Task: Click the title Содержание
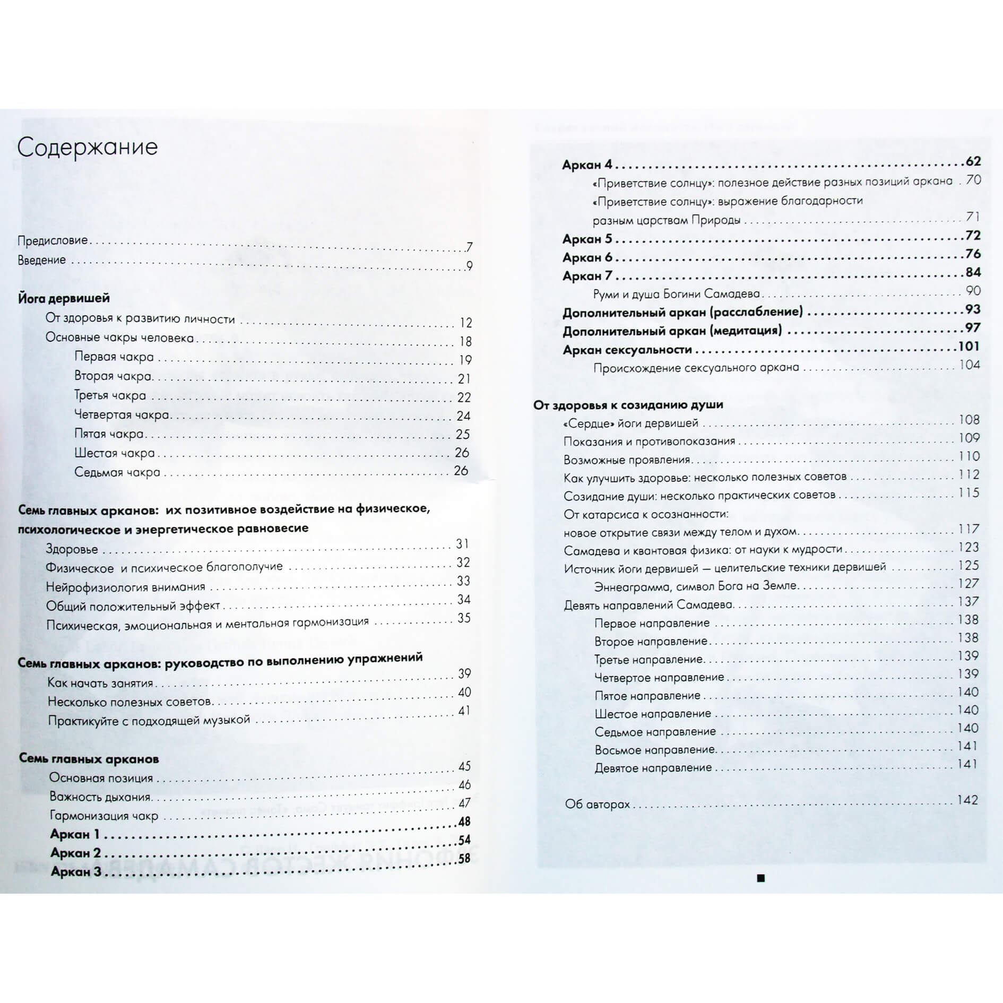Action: coord(88,147)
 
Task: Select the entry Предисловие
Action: coord(53,240)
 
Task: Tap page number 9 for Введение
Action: coord(469,266)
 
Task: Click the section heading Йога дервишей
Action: coord(64,298)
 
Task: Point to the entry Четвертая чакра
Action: coord(122,414)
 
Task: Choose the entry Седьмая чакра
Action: coord(117,472)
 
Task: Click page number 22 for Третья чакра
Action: coord(464,397)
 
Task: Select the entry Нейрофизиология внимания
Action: coord(125,587)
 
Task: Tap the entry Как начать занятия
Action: coord(100,683)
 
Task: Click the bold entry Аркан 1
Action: coord(75,834)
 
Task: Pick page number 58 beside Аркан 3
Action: coord(464,859)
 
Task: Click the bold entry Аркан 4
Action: coord(587,165)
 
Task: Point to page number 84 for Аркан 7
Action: coord(973,272)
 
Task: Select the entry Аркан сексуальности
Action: coord(627,350)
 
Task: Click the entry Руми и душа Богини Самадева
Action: coord(676,293)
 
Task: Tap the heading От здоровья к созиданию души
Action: coord(628,404)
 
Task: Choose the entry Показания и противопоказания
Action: coord(649,441)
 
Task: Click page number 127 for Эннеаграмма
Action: coord(968,583)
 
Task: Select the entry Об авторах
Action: coord(597,804)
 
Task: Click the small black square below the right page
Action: coord(760,878)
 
